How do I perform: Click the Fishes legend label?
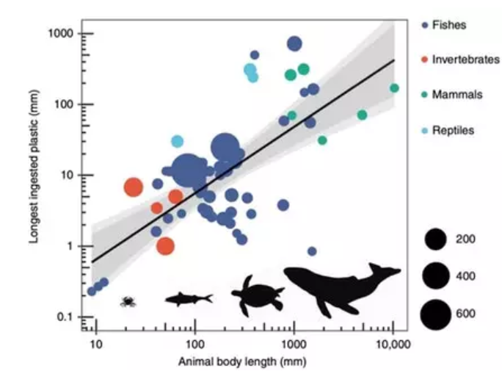(449, 25)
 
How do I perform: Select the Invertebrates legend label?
(465, 60)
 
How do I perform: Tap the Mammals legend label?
(457, 95)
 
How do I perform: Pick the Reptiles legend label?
(453, 130)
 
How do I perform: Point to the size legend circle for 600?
(435, 314)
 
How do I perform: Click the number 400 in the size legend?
(465, 275)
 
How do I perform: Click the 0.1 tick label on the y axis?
(67, 317)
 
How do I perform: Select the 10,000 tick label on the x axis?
(393, 344)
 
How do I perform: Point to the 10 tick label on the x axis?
(95, 344)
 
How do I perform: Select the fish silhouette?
(188, 298)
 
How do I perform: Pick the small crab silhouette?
(128, 301)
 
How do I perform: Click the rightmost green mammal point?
(394, 88)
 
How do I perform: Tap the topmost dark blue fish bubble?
(294, 44)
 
